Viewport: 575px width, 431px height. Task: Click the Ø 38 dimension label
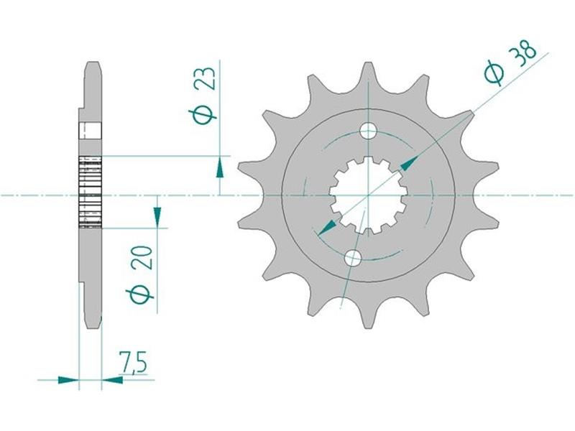510,63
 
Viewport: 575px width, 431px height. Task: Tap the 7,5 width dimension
132,363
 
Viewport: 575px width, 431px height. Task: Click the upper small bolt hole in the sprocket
368,131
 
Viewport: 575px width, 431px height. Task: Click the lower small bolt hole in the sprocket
353,258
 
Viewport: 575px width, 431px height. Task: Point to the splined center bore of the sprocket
368,195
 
